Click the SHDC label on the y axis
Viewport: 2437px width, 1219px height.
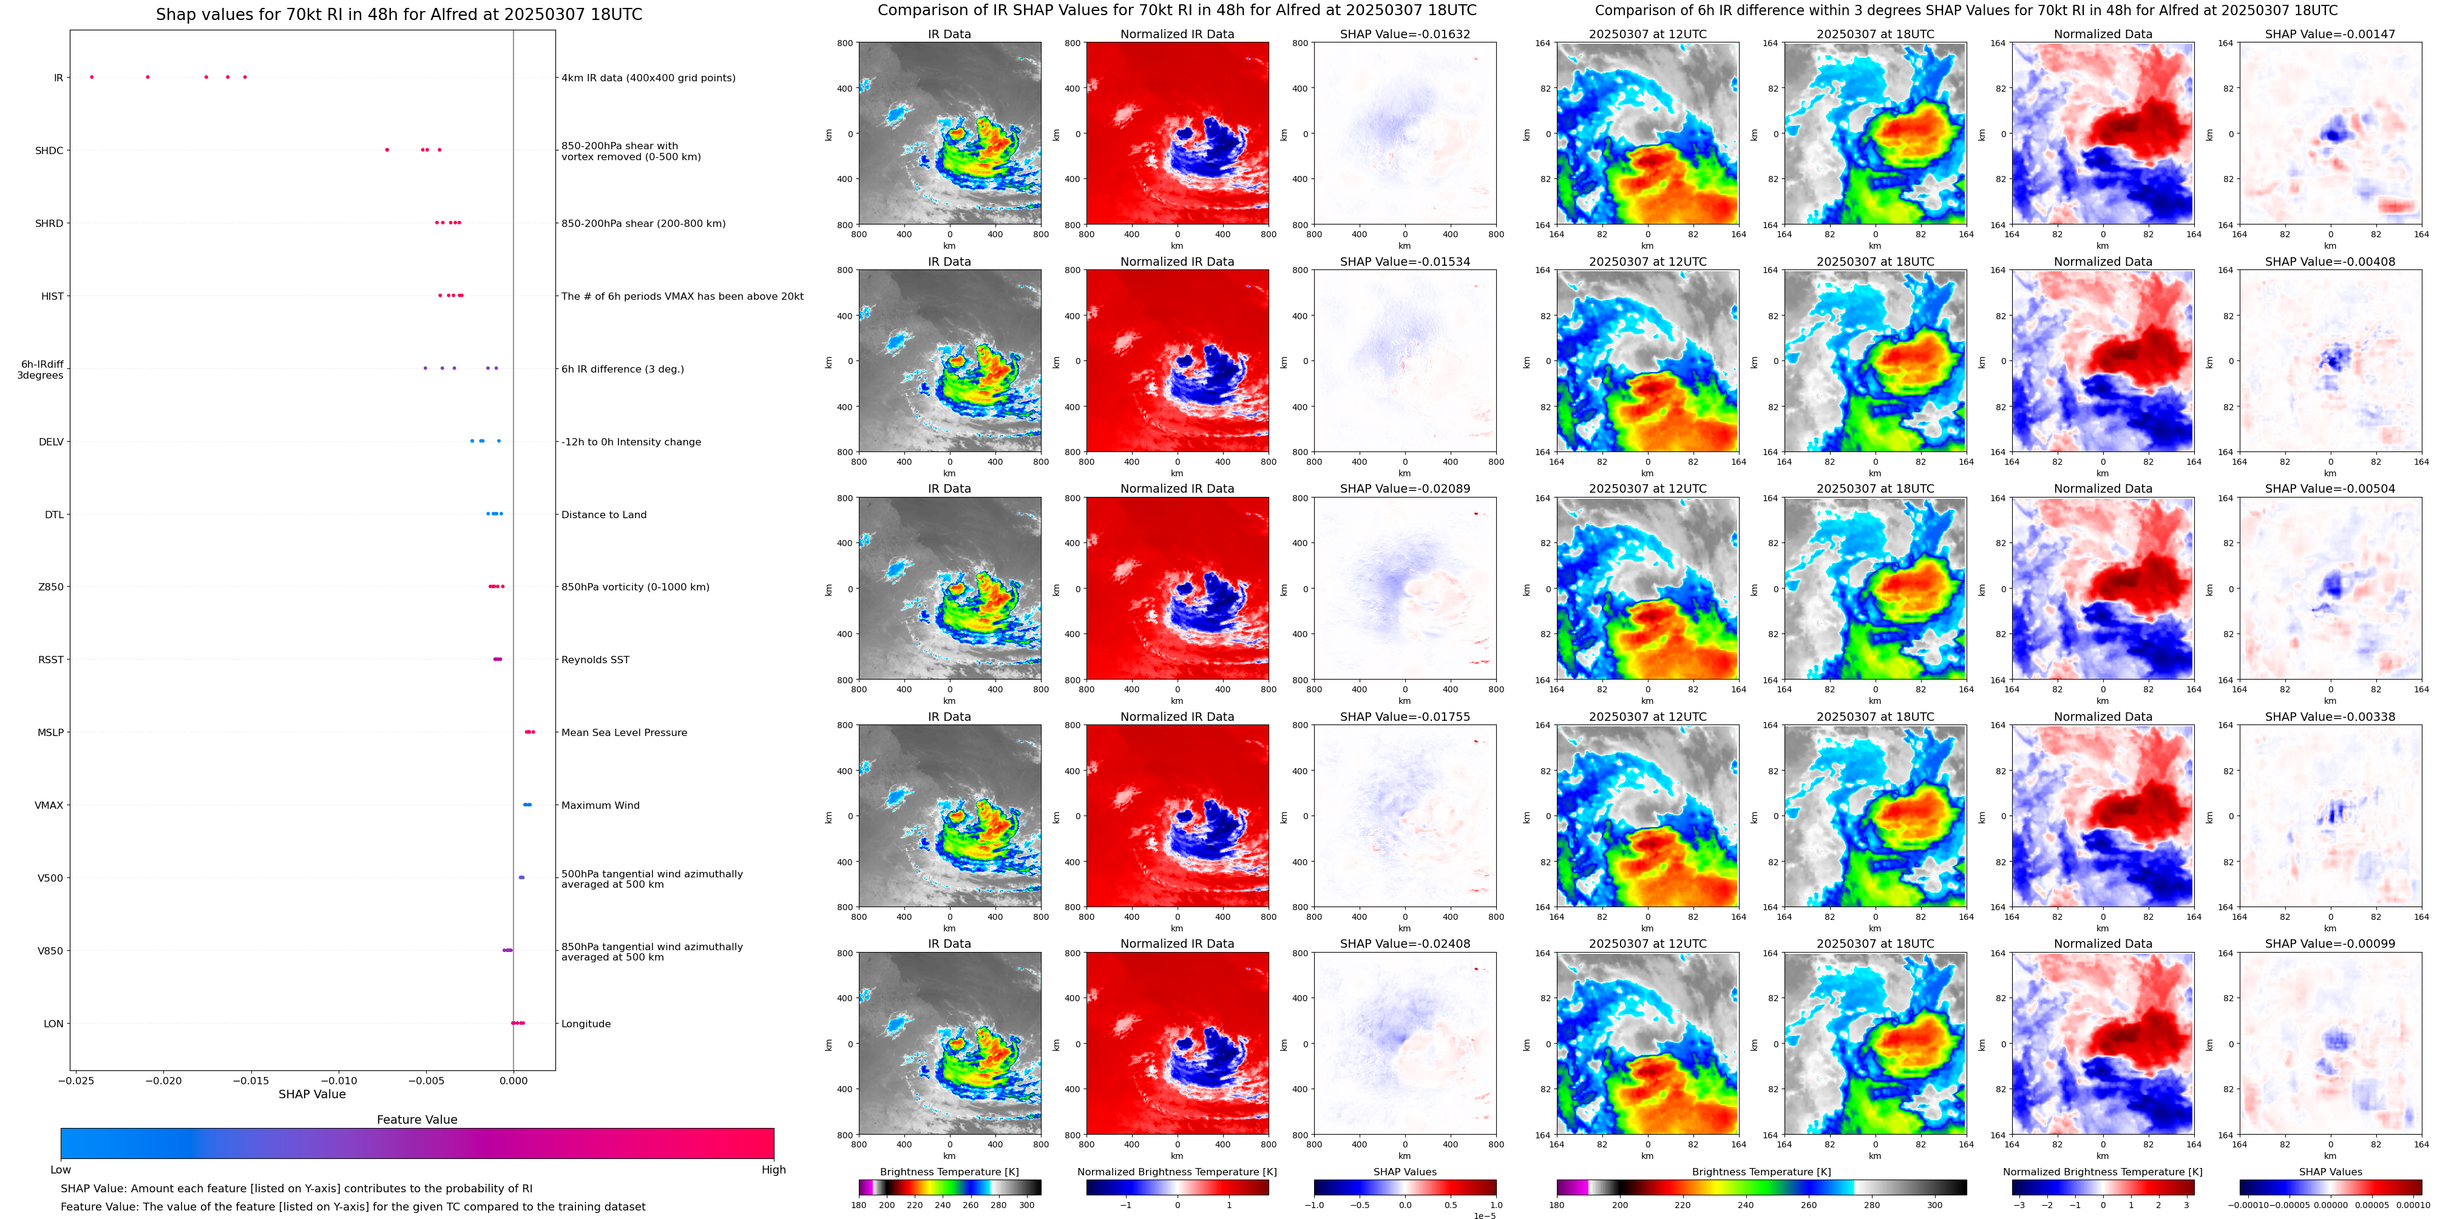pos(49,150)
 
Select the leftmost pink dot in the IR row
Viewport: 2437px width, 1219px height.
pos(92,76)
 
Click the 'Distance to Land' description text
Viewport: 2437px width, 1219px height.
pos(603,515)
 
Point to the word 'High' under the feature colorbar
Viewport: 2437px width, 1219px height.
pos(773,1170)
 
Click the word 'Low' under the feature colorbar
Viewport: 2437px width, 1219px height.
pos(61,1170)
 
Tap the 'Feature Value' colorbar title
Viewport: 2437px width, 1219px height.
pos(416,1119)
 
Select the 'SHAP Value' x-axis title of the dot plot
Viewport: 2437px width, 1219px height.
pos(311,1094)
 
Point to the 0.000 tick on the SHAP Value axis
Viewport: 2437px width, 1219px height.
pos(513,1080)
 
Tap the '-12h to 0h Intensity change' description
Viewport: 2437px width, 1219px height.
pos(631,442)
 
